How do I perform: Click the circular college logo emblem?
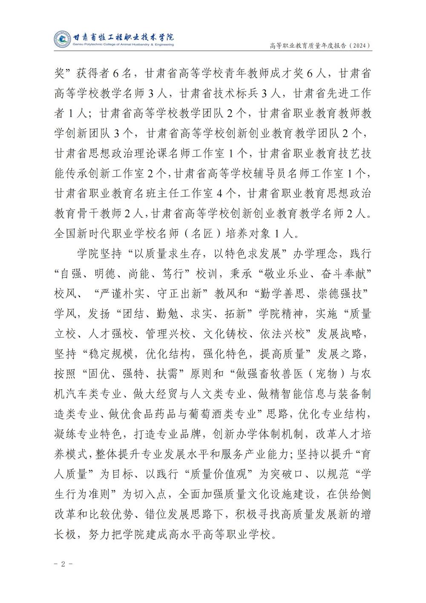61,40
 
